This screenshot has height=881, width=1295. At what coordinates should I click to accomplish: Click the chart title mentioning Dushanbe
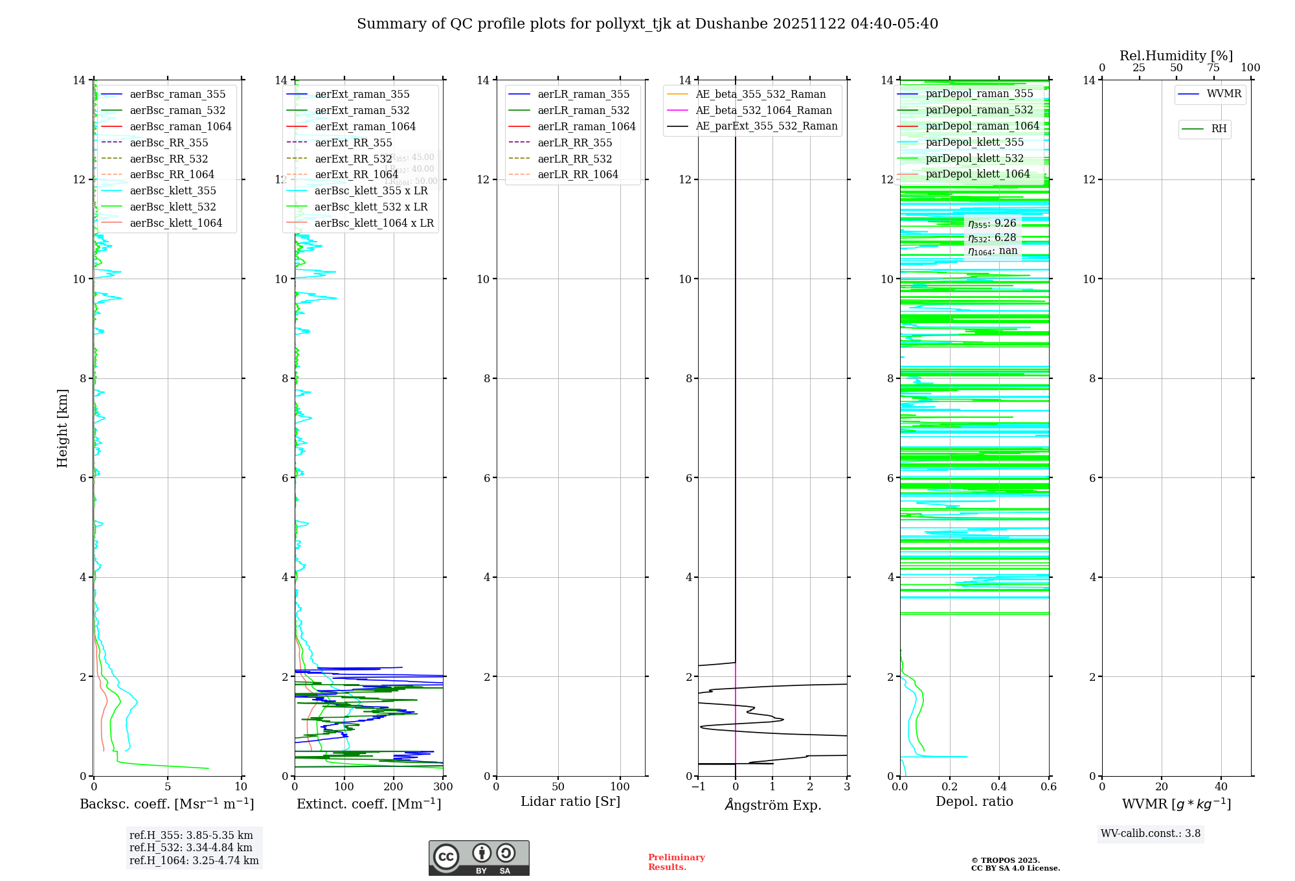(x=647, y=24)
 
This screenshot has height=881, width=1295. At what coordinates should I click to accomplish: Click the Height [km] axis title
(x=62, y=428)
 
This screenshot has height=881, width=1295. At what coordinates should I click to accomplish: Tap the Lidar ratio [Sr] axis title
(x=570, y=801)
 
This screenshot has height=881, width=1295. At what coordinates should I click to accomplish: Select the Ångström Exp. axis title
(x=772, y=805)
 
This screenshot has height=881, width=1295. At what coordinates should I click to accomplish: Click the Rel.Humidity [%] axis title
(x=1176, y=56)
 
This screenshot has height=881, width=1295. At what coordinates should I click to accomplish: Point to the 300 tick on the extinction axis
(x=443, y=787)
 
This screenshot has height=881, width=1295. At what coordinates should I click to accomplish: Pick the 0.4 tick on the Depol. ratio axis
(x=999, y=787)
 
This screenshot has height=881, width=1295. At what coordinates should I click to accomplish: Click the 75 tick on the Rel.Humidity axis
(x=1213, y=67)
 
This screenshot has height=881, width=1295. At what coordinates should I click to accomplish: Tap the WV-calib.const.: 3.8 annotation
(x=1150, y=834)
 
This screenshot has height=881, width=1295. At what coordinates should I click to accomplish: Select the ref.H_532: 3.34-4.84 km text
(x=191, y=848)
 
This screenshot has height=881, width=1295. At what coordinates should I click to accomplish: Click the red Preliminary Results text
(x=676, y=862)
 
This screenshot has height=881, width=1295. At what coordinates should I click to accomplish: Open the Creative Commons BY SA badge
(x=479, y=858)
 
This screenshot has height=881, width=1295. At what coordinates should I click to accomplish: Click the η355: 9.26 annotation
(x=992, y=223)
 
